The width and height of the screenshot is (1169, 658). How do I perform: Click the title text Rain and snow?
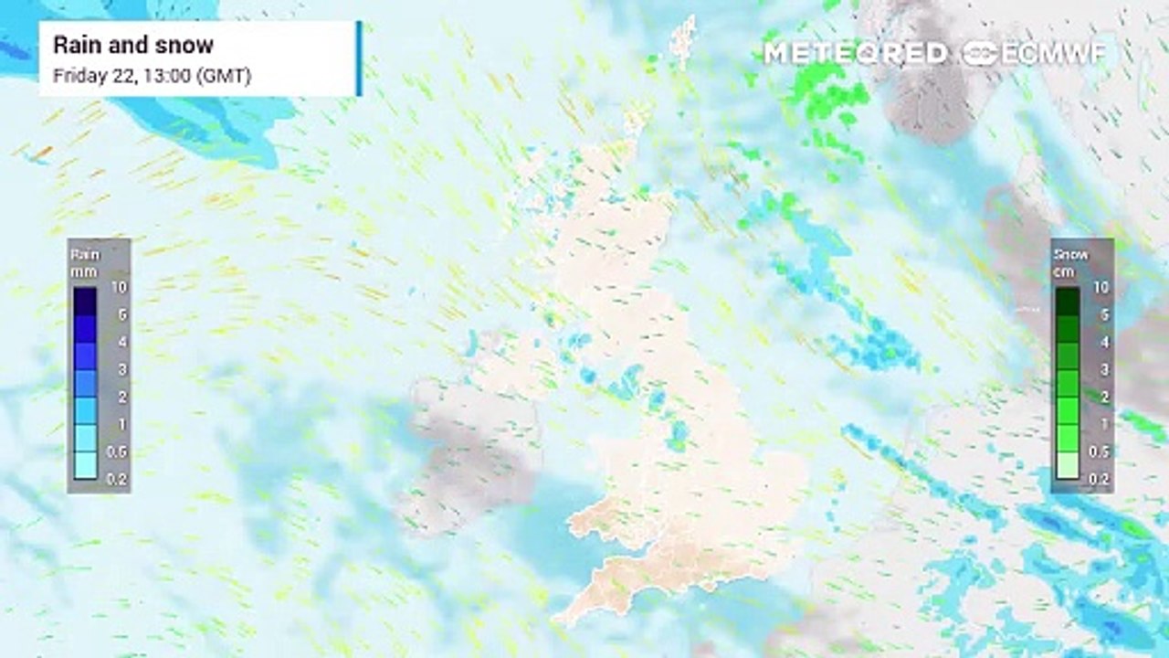133,45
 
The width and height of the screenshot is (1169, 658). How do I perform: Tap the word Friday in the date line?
78,76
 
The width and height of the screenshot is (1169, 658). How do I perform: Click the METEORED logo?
855,53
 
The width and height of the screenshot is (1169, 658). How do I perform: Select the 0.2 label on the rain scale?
117,478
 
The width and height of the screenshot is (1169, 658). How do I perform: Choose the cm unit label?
1064,271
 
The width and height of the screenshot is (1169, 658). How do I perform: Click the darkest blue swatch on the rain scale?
86,301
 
